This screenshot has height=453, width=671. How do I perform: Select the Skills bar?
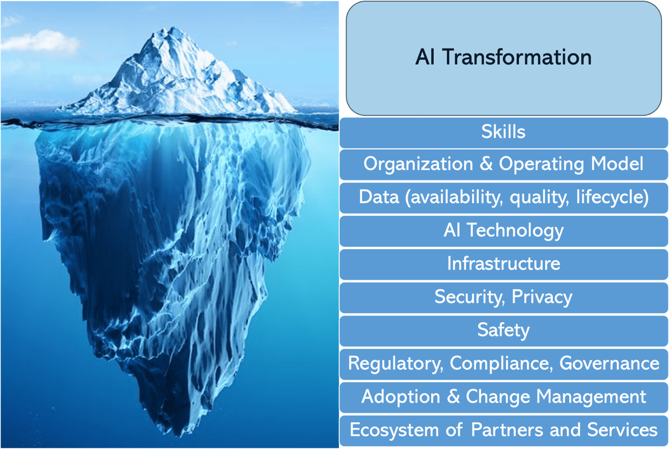pos(504,133)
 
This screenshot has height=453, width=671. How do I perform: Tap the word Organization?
pos(418,164)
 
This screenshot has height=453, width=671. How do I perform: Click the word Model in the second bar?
pos(617,164)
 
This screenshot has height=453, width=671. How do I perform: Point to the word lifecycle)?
pos(612,198)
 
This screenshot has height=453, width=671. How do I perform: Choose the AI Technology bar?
pos(504,231)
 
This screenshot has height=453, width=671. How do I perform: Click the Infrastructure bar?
pos(504,265)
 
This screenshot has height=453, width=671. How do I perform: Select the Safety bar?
pos(504,331)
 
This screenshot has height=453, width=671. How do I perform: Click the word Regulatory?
pos(395,364)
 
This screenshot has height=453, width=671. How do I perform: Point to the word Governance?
pos(609,363)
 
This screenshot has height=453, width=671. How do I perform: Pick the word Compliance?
pos(501,364)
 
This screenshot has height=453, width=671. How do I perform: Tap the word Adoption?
pos(401,397)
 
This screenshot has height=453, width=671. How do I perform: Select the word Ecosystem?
pos(394,430)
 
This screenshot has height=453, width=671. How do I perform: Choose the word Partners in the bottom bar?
pos(507,430)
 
